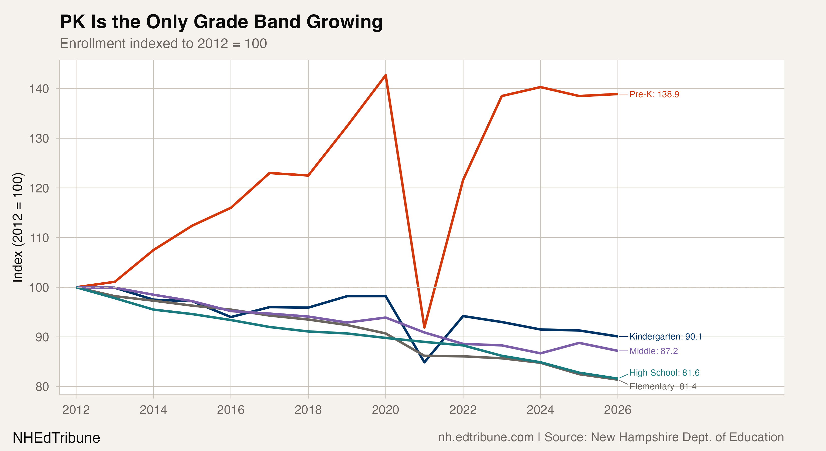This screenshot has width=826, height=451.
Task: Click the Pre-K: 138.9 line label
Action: (x=654, y=94)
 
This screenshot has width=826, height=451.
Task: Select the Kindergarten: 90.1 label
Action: (x=665, y=336)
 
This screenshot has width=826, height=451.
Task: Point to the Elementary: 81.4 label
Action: (x=663, y=386)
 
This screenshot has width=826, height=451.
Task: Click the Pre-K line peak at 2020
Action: (x=386, y=75)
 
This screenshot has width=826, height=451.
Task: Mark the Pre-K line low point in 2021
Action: (x=424, y=327)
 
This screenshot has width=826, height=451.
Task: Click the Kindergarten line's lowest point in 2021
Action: (x=424, y=362)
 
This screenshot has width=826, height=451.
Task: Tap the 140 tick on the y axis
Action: (x=39, y=89)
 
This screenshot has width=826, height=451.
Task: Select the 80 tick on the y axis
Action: (x=42, y=387)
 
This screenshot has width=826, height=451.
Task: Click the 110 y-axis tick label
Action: (x=39, y=238)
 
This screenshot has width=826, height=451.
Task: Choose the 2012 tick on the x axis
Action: (x=76, y=410)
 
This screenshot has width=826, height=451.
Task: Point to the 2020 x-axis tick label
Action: (x=385, y=410)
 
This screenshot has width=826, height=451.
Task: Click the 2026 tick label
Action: (x=617, y=410)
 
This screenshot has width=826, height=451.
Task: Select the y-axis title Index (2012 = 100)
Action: (x=18, y=228)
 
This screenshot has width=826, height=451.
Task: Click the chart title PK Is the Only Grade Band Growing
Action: (x=221, y=22)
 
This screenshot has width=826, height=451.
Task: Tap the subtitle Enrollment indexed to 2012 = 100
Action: (x=163, y=44)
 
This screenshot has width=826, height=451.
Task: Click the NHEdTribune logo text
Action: (x=56, y=438)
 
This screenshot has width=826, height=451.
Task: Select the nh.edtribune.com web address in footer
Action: (x=486, y=437)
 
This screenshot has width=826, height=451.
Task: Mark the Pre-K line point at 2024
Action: (x=540, y=87)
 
